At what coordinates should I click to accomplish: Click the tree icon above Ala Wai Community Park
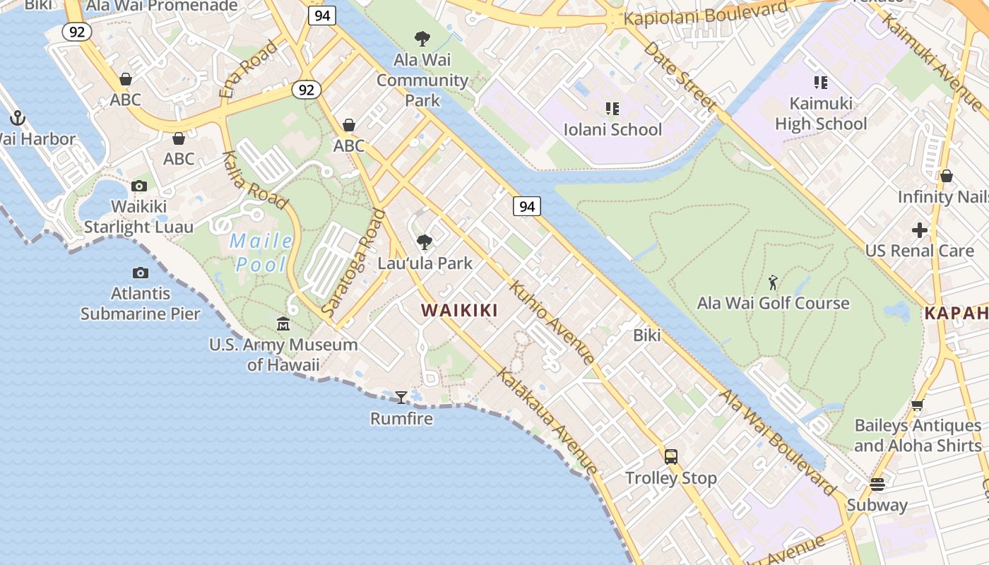click(422, 38)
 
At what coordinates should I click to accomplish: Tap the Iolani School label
click(612, 129)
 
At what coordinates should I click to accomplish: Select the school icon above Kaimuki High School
click(820, 83)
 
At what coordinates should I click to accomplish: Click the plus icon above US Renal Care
click(919, 230)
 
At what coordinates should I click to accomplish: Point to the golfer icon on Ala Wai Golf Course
click(773, 282)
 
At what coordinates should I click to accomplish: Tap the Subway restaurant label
click(877, 505)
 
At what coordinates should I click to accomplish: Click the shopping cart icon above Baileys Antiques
click(917, 405)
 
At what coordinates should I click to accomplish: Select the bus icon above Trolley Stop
click(670, 456)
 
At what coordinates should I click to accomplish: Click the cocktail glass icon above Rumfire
click(401, 398)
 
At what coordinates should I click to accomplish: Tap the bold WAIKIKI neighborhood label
click(459, 310)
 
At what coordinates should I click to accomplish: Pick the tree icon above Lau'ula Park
click(424, 242)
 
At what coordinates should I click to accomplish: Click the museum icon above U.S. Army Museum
click(283, 324)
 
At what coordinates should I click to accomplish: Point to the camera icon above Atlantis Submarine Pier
click(140, 273)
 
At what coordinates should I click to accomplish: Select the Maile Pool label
click(261, 252)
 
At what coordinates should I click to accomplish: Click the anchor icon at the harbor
click(18, 118)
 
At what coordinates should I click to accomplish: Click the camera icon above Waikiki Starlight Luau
click(139, 186)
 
